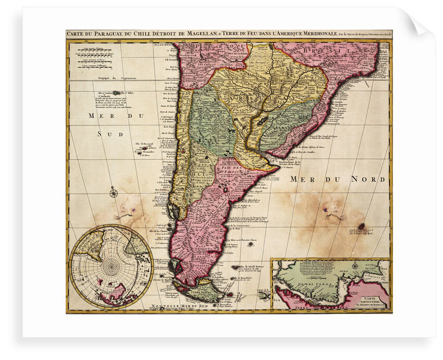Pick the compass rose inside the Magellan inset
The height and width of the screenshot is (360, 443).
355,266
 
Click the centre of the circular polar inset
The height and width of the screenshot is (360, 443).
111,267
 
